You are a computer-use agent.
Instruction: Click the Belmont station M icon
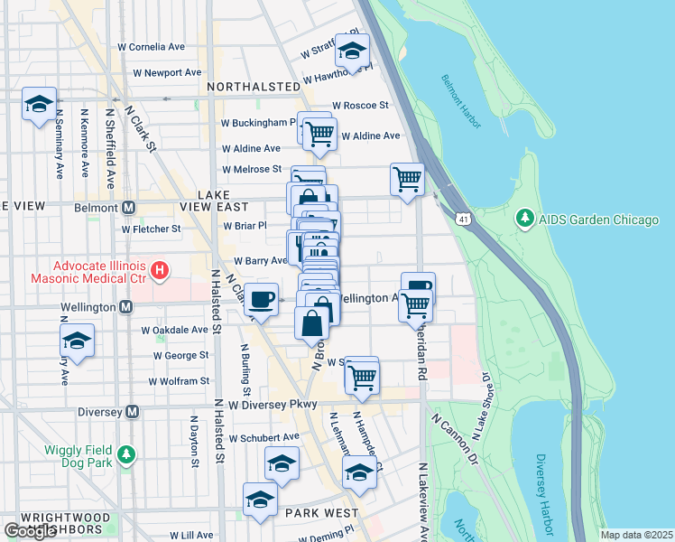[128, 207]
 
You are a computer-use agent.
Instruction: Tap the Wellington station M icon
[125, 307]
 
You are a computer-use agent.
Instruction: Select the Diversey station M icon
[132, 411]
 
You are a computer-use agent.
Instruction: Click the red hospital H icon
[160, 269]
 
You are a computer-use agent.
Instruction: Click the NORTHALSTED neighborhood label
[253, 87]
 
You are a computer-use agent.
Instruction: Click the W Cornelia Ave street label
[151, 47]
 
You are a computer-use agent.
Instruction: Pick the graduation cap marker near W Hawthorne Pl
[352, 50]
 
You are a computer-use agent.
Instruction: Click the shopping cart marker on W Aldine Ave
[319, 135]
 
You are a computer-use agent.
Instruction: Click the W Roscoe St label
[360, 105]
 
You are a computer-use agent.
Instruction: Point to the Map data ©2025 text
[637, 535]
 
